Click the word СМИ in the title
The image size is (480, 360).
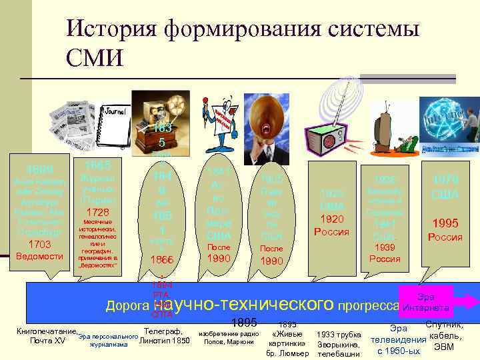[x=95, y=57]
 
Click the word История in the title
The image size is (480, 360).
[x=113, y=29]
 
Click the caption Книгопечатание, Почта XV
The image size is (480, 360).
[x=47, y=335]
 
